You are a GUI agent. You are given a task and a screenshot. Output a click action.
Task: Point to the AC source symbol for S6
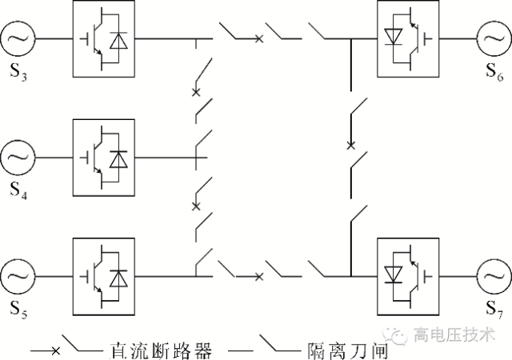tap(494, 37)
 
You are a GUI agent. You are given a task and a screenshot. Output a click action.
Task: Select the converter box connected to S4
tap(103, 158)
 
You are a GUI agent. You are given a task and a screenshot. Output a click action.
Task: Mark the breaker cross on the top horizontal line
tap(258, 38)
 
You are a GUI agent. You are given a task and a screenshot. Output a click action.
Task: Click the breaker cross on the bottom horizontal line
tap(258, 277)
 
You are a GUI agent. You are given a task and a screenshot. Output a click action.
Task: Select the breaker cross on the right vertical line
tap(350, 146)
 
